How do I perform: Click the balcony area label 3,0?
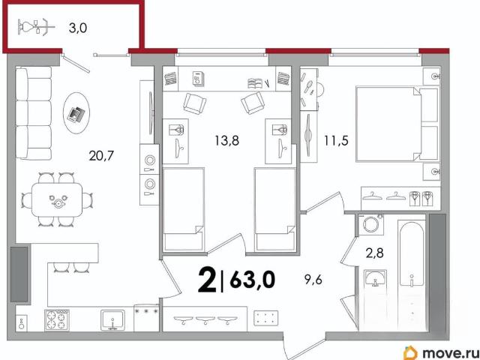pyautogui.click(x=78, y=28)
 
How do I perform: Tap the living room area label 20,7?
pyautogui.click(x=101, y=156)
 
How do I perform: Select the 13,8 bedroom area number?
pyautogui.click(x=226, y=141)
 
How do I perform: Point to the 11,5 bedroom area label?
pyautogui.click(x=337, y=141)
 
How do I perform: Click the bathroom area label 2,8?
pyautogui.click(x=375, y=253)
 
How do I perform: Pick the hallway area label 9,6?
pyautogui.click(x=313, y=280)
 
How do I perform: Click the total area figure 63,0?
pyautogui.click(x=253, y=280)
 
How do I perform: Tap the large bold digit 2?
pyautogui.click(x=207, y=280)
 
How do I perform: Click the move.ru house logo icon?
pyautogui.click(x=410, y=352)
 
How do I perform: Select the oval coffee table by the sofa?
pyautogui.click(x=76, y=113)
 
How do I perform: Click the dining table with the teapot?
pyautogui.click(x=57, y=199)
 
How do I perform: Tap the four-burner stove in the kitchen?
pyautogui.click(x=57, y=320)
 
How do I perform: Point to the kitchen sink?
pyautogui.click(x=113, y=320)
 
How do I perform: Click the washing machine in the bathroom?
pyautogui.click(x=371, y=224)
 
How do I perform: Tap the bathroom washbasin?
pyautogui.click(x=376, y=277)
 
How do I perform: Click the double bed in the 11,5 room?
pyautogui.click(x=397, y=124)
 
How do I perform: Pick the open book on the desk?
pyautogui.click(x=255, y=83)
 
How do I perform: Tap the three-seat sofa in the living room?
pyautogui.click(x=34, y=113)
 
